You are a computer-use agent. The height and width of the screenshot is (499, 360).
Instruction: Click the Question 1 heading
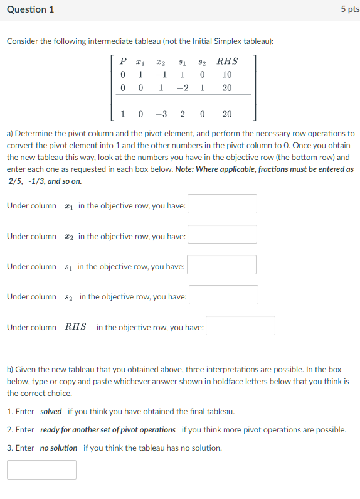click(30, 9)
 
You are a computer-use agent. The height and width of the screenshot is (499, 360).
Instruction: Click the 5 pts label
click(349, 9)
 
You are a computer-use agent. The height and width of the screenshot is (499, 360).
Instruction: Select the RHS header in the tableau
click(227, 62)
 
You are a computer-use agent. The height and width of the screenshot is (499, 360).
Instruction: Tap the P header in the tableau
click(123, 62)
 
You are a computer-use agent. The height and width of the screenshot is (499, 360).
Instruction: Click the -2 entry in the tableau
click(183, 88)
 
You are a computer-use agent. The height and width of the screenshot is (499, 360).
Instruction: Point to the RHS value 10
click(227, 75)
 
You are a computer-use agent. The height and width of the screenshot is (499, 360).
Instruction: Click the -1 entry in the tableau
click(161, 75)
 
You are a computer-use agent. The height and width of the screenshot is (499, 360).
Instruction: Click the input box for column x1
click(222, 204)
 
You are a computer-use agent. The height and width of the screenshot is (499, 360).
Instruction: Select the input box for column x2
click(222, 234)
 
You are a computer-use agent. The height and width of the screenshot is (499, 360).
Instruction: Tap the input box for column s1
click(221, 265)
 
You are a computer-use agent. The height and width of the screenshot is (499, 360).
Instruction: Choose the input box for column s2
click(223, 295)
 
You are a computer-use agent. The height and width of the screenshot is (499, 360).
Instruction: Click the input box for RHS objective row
click(240, 326)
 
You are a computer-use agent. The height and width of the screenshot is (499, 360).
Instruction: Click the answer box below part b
click(41, 470)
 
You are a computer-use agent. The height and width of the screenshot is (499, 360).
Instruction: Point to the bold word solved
click(51, 412)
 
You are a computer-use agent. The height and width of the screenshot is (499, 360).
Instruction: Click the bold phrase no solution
click(58, 448)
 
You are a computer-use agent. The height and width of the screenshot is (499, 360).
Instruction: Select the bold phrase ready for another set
click(107, 430)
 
